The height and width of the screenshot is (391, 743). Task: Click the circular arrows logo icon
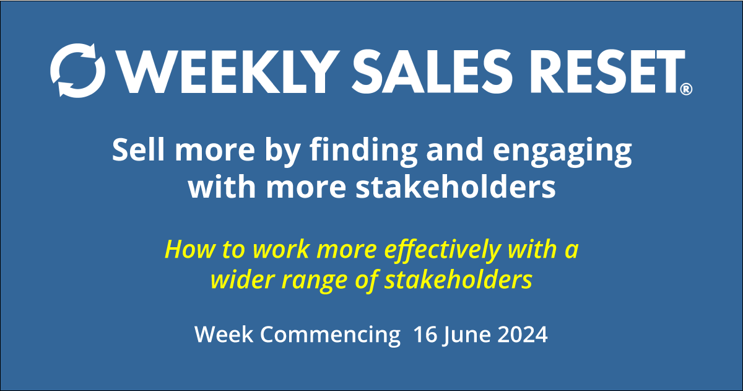point(77,69)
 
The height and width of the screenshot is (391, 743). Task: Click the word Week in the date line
point(224,335)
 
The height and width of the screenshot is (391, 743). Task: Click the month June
point(467,335)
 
